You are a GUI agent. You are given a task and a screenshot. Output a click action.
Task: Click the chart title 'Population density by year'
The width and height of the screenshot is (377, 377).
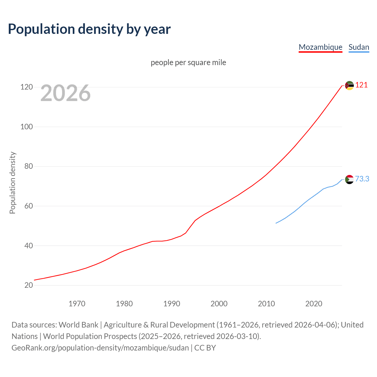pos(89,29)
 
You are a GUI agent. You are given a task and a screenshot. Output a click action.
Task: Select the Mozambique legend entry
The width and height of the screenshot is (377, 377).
pos(320,47)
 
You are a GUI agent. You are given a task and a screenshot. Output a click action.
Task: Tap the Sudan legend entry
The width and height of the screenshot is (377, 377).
pos(359,47)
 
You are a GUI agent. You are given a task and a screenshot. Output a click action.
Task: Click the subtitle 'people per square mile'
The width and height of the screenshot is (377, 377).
pos(188,63)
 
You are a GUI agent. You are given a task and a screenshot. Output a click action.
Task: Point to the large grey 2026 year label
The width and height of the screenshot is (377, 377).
pos(65,93)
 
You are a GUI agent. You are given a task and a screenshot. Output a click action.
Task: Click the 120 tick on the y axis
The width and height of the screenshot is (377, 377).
pos(26,87)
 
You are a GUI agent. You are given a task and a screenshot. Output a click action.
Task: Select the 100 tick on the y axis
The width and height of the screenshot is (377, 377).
pos(26,127)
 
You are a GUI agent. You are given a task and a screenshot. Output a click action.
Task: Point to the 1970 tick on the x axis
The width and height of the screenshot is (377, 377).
pos(77,304)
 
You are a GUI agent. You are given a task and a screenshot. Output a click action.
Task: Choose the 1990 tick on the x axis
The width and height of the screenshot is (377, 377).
pos(172,304)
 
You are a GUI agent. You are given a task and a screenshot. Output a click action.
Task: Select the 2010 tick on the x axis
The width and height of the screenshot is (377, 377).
pos(266,304)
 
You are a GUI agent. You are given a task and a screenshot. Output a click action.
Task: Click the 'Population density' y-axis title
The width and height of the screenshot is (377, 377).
pos(12,183)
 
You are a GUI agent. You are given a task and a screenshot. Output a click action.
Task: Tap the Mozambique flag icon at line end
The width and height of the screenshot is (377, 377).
pos(349,86)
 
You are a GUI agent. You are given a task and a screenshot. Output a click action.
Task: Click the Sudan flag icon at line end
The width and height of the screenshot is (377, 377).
pos(349,179)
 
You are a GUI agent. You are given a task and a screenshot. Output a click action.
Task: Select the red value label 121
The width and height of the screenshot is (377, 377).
pos(361,85)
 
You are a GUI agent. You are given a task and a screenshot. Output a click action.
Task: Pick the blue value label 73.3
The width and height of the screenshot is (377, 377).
pos(362,179)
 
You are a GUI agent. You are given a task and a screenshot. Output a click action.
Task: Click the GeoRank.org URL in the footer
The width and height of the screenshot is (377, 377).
pos(100,348)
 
